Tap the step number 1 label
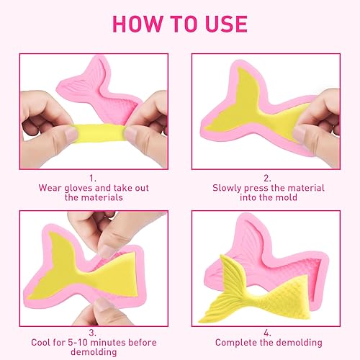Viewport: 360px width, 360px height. pos(93,179)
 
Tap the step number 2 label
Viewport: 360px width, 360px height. pos(267,179)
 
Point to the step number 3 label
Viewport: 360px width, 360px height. pos(92,333)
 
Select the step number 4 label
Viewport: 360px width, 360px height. pos(267,333)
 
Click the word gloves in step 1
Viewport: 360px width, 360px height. pos(78,189)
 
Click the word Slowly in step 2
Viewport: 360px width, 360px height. pos(227,188)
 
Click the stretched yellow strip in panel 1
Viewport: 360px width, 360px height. pos(100,132)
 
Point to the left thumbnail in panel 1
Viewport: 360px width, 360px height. pos(71,134)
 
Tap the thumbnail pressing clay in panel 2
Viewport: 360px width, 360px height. pos(300,134)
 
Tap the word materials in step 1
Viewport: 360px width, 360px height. pos(102,197)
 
